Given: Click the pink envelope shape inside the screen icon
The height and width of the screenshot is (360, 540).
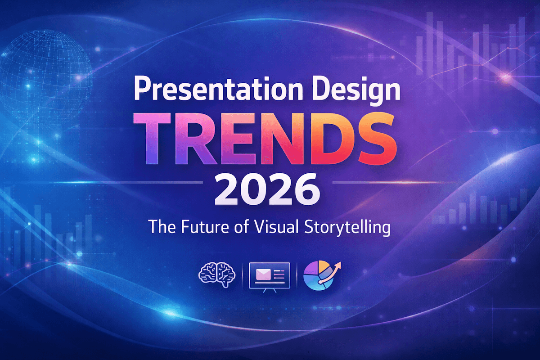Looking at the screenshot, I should coord(262,273).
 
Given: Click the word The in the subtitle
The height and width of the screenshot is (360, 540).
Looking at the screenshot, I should coord(158,226).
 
